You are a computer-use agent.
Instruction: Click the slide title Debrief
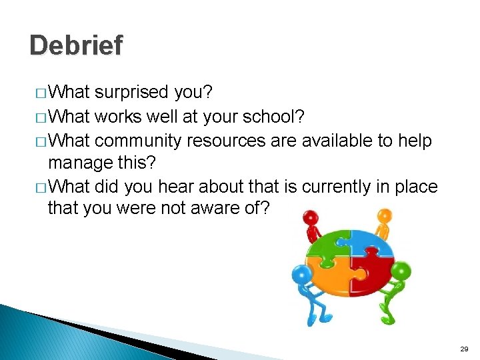click(x=76, y=45)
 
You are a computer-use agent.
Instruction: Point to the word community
click(x=139, y=141)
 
